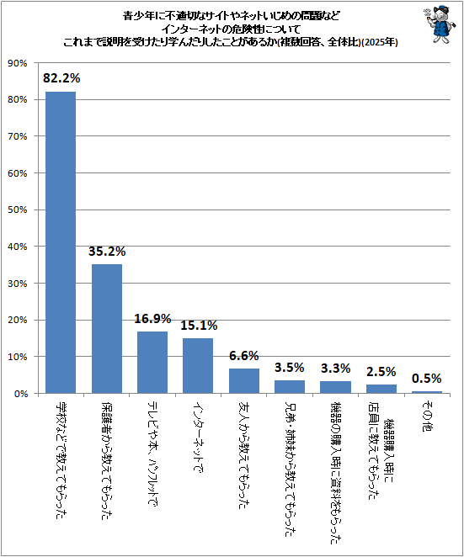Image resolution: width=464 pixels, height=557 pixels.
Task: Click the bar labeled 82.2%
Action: coord(61,242)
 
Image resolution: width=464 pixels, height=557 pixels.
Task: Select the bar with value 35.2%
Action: coord(107,329)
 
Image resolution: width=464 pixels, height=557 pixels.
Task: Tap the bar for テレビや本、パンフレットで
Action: coord(152,363)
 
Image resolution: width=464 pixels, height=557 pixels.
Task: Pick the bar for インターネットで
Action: coord(198,365)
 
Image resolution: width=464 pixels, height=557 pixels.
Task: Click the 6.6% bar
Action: coord(244,381)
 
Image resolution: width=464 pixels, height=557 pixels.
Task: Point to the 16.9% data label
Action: coord(152,318)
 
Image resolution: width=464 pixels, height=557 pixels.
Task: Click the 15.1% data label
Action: coord(199,325)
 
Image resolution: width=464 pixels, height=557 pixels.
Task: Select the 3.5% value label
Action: coord(290,368)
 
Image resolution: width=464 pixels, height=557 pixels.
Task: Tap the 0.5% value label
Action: coord(427,379)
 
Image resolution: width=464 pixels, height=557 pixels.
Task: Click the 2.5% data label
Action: coord(381,372)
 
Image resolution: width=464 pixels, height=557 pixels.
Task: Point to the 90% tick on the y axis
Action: coord(18,63)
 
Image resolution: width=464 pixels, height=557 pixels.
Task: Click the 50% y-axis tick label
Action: coord(18,210)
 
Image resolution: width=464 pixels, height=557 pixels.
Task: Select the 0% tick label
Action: coord(21,393)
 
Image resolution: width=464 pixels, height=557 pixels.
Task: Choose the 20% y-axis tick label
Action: coord(18,320)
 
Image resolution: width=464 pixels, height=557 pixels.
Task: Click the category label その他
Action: coord(427,416)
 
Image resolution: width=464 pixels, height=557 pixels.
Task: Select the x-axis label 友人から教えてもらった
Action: coord(244,455)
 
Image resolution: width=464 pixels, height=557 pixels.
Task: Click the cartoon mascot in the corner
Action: coord(439,24)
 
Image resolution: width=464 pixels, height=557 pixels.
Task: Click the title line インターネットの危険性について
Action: coord(231,29)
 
